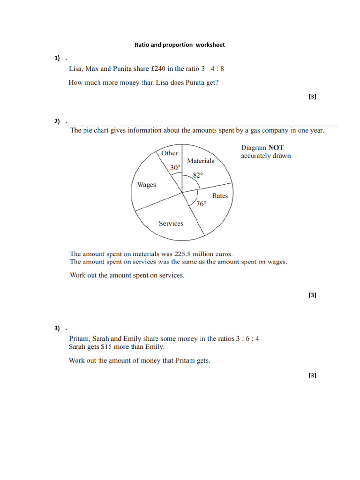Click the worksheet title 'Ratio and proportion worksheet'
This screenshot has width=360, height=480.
click(180, 45)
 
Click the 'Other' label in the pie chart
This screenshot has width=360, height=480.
click(169, 153)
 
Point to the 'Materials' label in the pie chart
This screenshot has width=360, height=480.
click(200, 161)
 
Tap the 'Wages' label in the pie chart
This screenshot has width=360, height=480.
click(146, 185)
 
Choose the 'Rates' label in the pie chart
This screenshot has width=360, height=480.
click(219, 196)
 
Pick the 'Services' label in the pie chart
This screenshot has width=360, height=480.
click(171, 224)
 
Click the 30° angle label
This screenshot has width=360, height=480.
click(175, 168)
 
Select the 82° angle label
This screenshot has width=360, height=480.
click(198, 175)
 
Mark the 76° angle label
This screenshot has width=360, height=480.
click(201, 204)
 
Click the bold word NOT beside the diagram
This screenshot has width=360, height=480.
click(276, 147)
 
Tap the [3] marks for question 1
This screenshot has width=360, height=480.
click(313, 97)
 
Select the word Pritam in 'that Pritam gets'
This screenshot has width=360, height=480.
click(184, 360)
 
